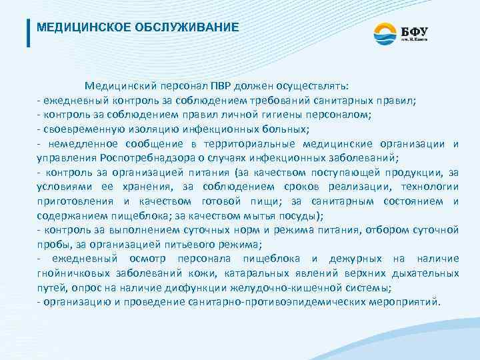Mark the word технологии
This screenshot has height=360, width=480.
tap(431, 187)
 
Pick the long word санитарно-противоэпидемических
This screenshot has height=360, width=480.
tap(275, 302)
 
